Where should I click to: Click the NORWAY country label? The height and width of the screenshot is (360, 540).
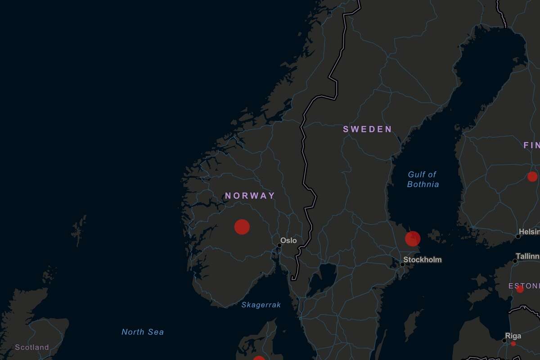[x=250, y=196]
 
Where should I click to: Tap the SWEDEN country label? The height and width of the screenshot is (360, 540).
[x=367, y=129]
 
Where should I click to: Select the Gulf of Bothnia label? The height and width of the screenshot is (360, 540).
[x=423, y=179]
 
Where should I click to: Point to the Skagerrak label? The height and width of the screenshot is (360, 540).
[x=261, y=305]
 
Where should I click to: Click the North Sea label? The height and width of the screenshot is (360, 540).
[x=143, y=332]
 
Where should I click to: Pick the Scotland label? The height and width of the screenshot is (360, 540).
[x=31, y=347]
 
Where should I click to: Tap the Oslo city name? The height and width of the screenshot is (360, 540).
[x=288, y=240]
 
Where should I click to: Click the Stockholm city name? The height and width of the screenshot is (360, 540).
[x=422, y=260]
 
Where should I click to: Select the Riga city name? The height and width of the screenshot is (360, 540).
[x=513, y=336]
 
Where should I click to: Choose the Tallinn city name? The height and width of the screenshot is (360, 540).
[x=527, y=256]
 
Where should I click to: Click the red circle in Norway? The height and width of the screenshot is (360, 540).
[x=242, y=227]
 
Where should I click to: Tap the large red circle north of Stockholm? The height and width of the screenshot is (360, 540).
[x=413, y=238]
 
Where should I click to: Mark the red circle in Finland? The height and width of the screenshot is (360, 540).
[x=532, y=176]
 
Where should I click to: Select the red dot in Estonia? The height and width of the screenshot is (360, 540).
[x=520, y=289]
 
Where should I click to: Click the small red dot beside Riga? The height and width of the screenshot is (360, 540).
[x=513, y=344]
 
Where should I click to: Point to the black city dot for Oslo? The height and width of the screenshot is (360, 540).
[x=279, y=246]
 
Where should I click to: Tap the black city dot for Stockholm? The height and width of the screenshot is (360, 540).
[x=403, y=264]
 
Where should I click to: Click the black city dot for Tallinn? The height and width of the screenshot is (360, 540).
[x=515, y=261]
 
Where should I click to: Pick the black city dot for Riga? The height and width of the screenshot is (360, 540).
[x=504, y=341]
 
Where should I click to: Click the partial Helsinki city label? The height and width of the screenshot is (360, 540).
[x=531, y=231]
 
